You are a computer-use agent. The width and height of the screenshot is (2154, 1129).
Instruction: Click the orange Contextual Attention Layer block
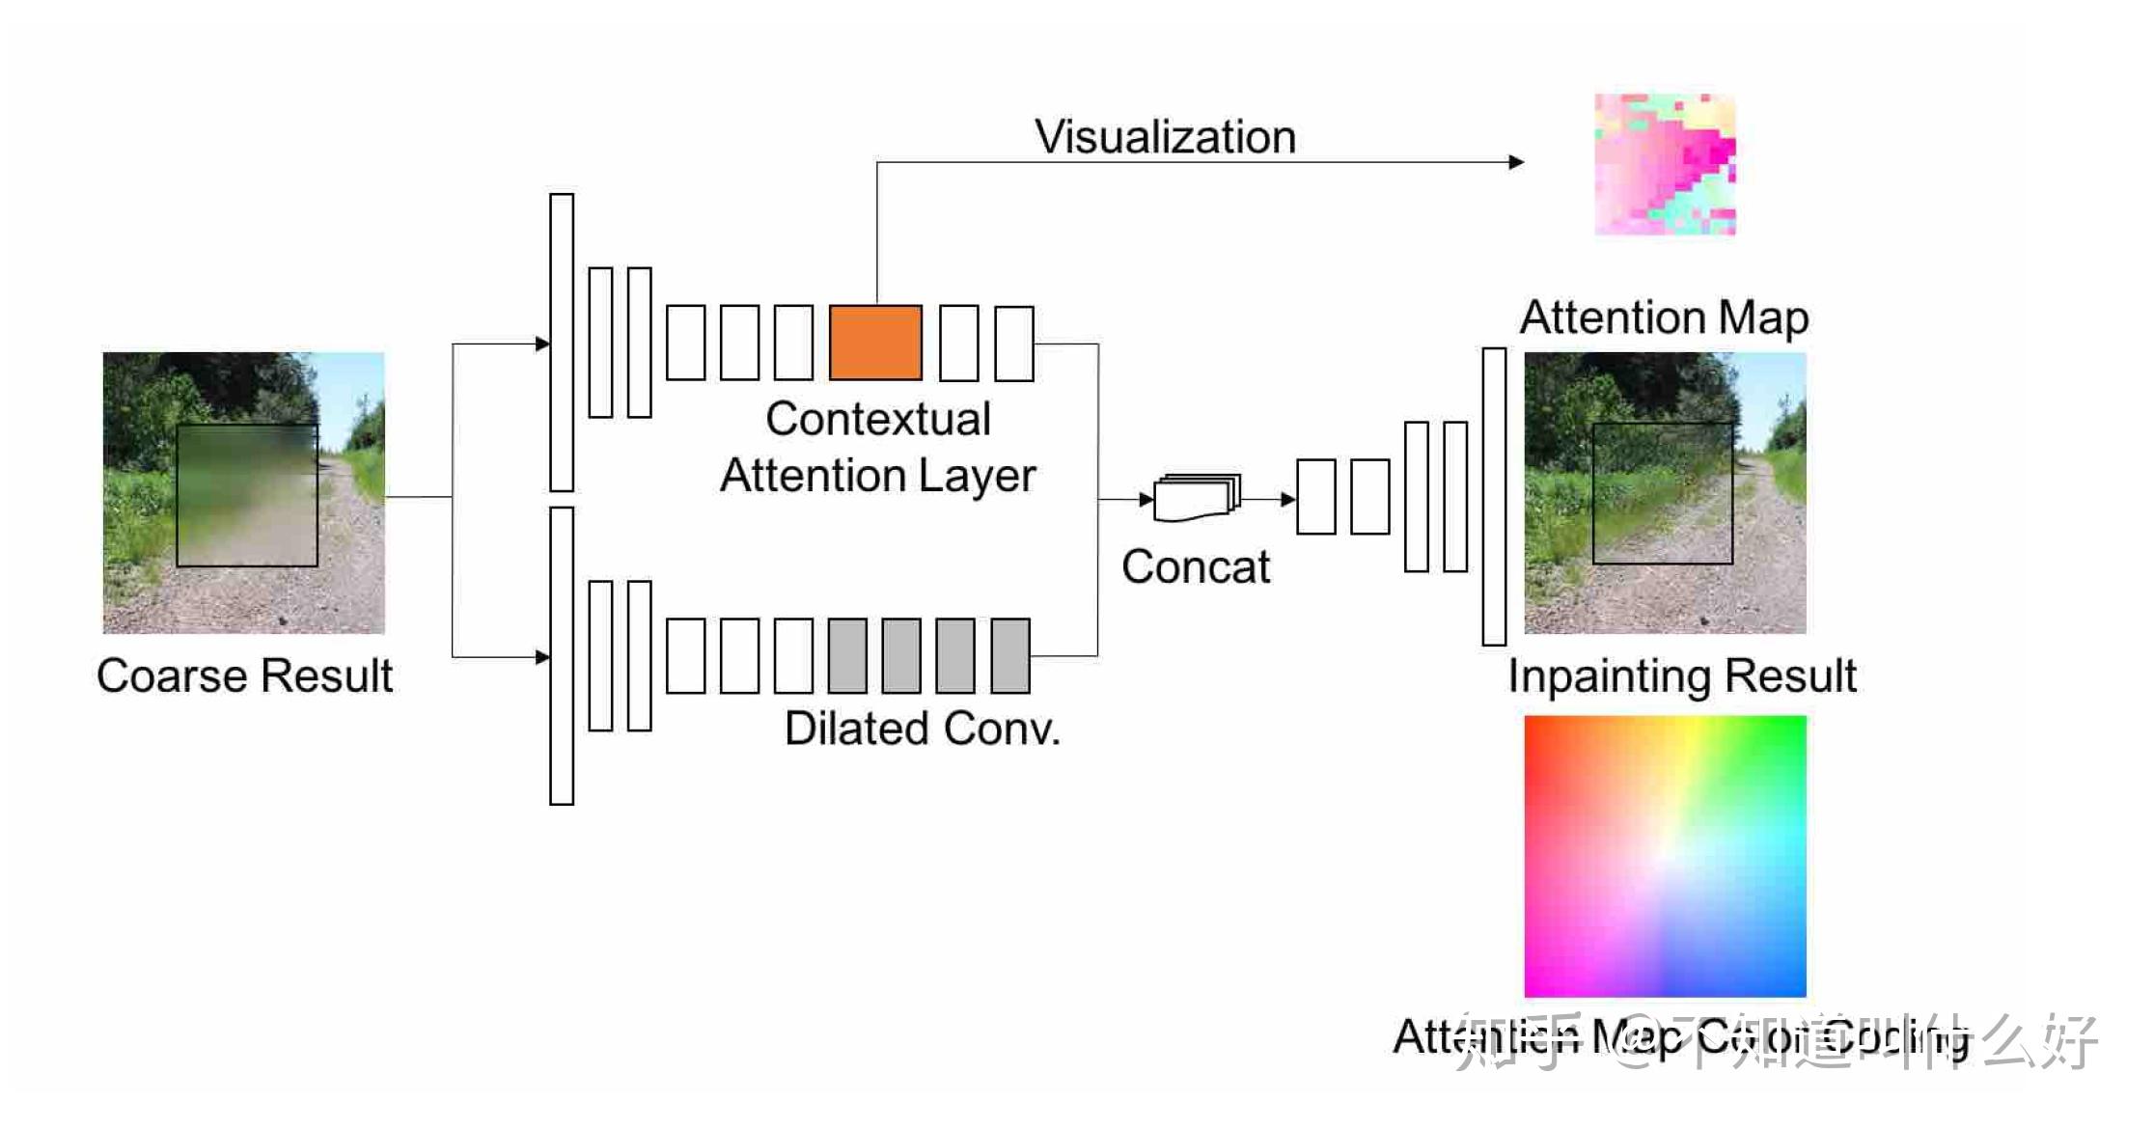875,343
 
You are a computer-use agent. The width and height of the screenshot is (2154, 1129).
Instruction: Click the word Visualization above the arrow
1165,137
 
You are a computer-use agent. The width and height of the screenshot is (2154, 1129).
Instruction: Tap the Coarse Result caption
244,675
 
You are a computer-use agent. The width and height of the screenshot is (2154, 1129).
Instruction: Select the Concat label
1195,567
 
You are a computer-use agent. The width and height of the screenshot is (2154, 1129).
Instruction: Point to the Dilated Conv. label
922,729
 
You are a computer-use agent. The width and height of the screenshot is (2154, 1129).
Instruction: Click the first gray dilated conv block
846,656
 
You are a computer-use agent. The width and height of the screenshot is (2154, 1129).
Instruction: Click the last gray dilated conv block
1010,656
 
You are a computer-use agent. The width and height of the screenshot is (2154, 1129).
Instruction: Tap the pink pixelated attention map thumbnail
1665,164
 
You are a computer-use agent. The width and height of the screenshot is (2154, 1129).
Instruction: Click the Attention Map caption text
1664,317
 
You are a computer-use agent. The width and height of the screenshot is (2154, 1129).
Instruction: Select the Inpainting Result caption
1681,675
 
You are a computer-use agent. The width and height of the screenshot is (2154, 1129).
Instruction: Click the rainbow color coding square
1665,856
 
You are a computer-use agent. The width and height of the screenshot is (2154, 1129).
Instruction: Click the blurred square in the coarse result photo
247,495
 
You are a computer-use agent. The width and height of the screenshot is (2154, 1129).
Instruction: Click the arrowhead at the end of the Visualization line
1517,162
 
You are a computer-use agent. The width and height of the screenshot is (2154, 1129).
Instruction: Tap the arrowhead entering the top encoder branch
542,344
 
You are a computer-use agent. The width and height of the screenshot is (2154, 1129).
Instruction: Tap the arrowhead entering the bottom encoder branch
542,657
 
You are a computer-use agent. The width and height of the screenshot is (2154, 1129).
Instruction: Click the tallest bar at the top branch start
562,343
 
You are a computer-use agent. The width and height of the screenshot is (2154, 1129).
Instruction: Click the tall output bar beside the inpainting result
1494,496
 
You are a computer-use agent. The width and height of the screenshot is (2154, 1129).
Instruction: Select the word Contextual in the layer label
877,419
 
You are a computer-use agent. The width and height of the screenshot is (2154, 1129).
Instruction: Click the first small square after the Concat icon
1315,497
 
